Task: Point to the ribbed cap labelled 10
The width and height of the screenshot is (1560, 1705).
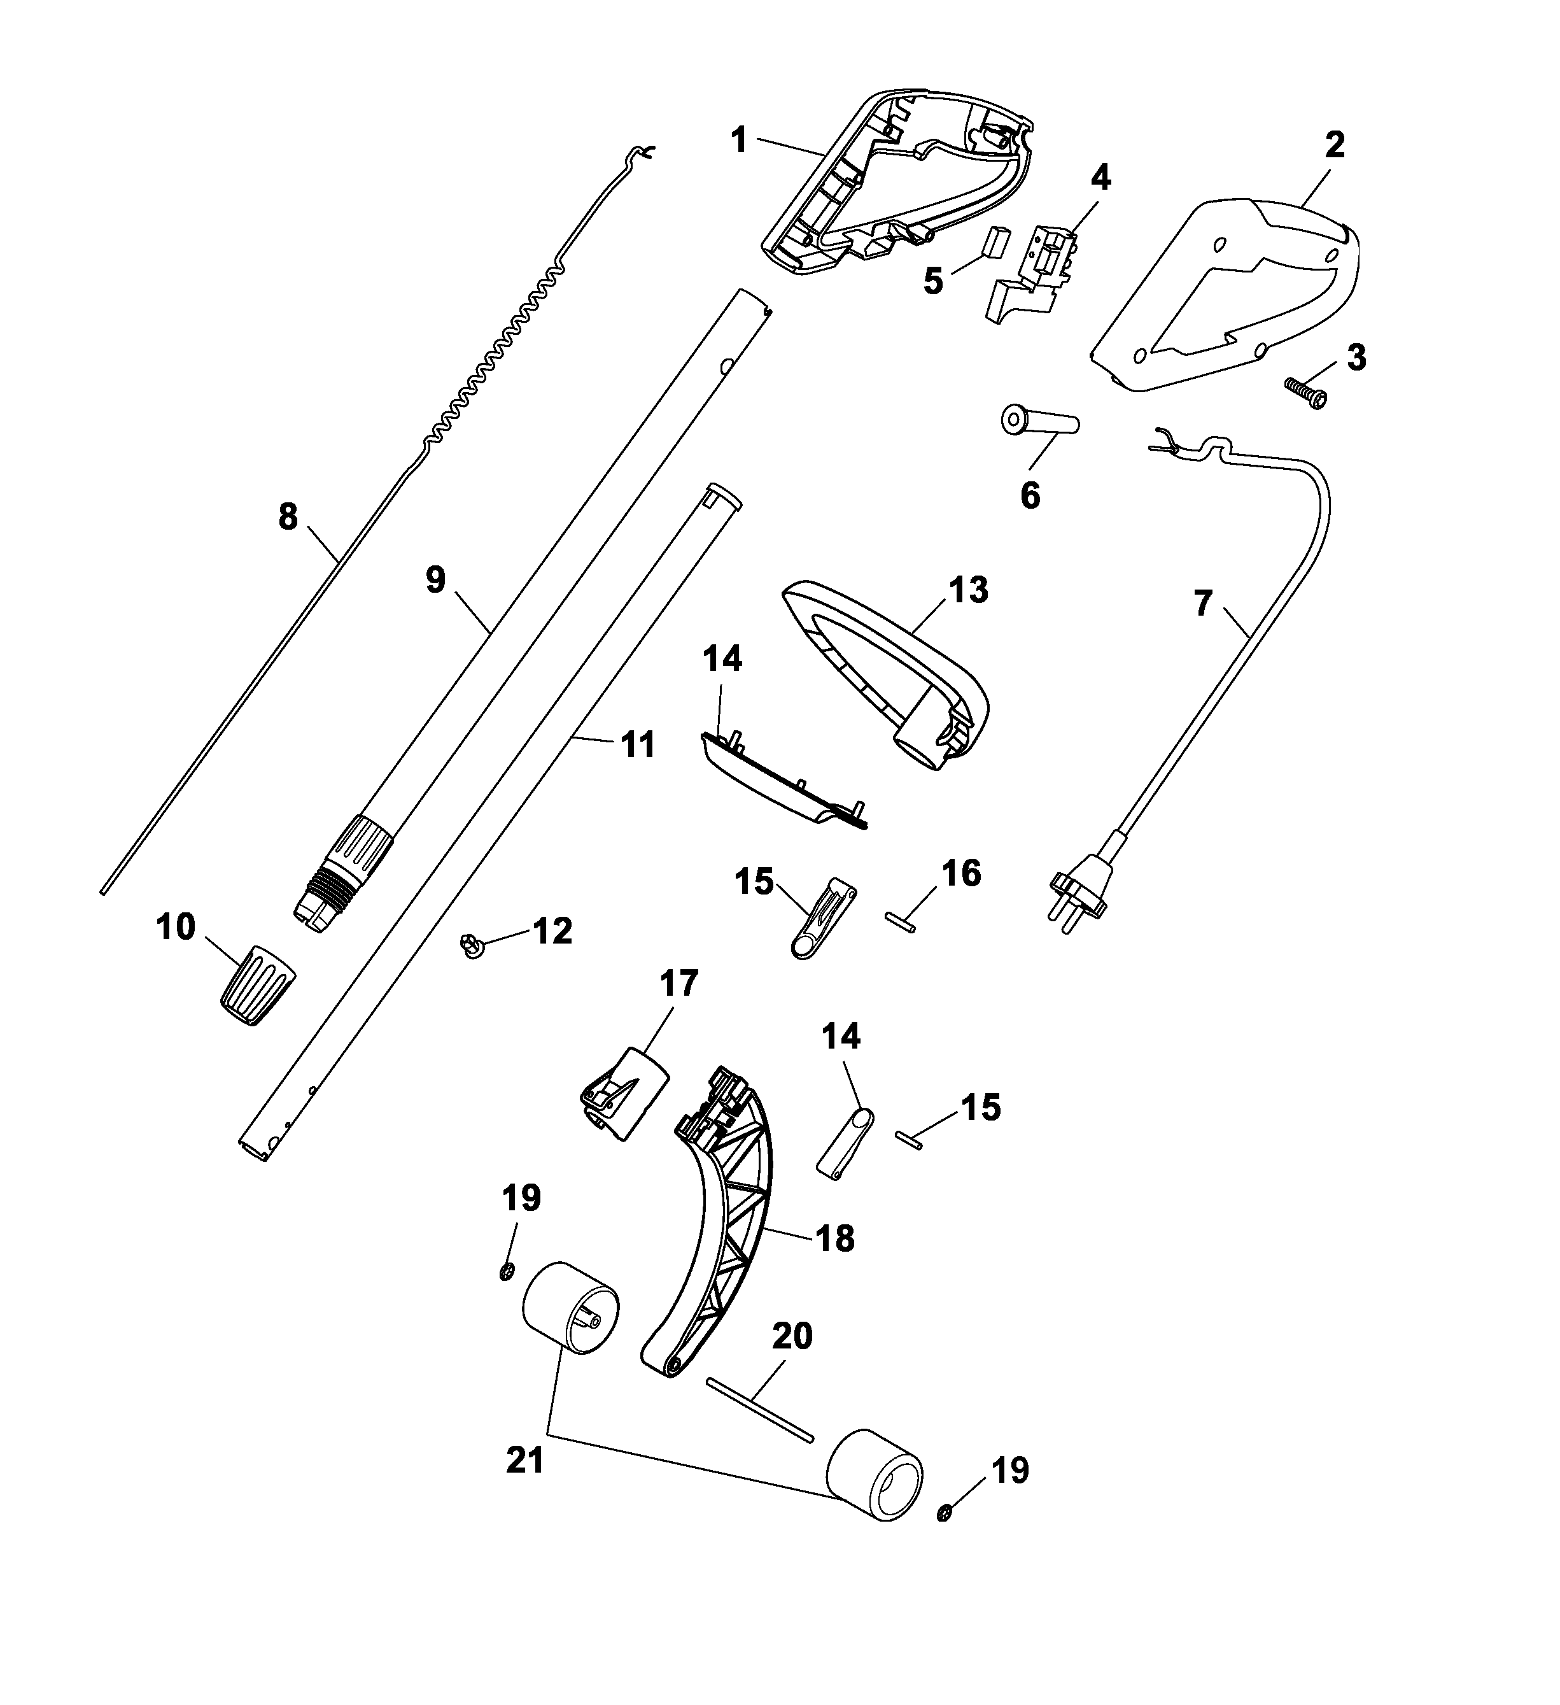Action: click(257, 984)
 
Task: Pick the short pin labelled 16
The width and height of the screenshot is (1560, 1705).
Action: click(899, 922)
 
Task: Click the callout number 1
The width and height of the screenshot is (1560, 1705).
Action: click(740, 141)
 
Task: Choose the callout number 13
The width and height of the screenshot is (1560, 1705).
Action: click(968, 590)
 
